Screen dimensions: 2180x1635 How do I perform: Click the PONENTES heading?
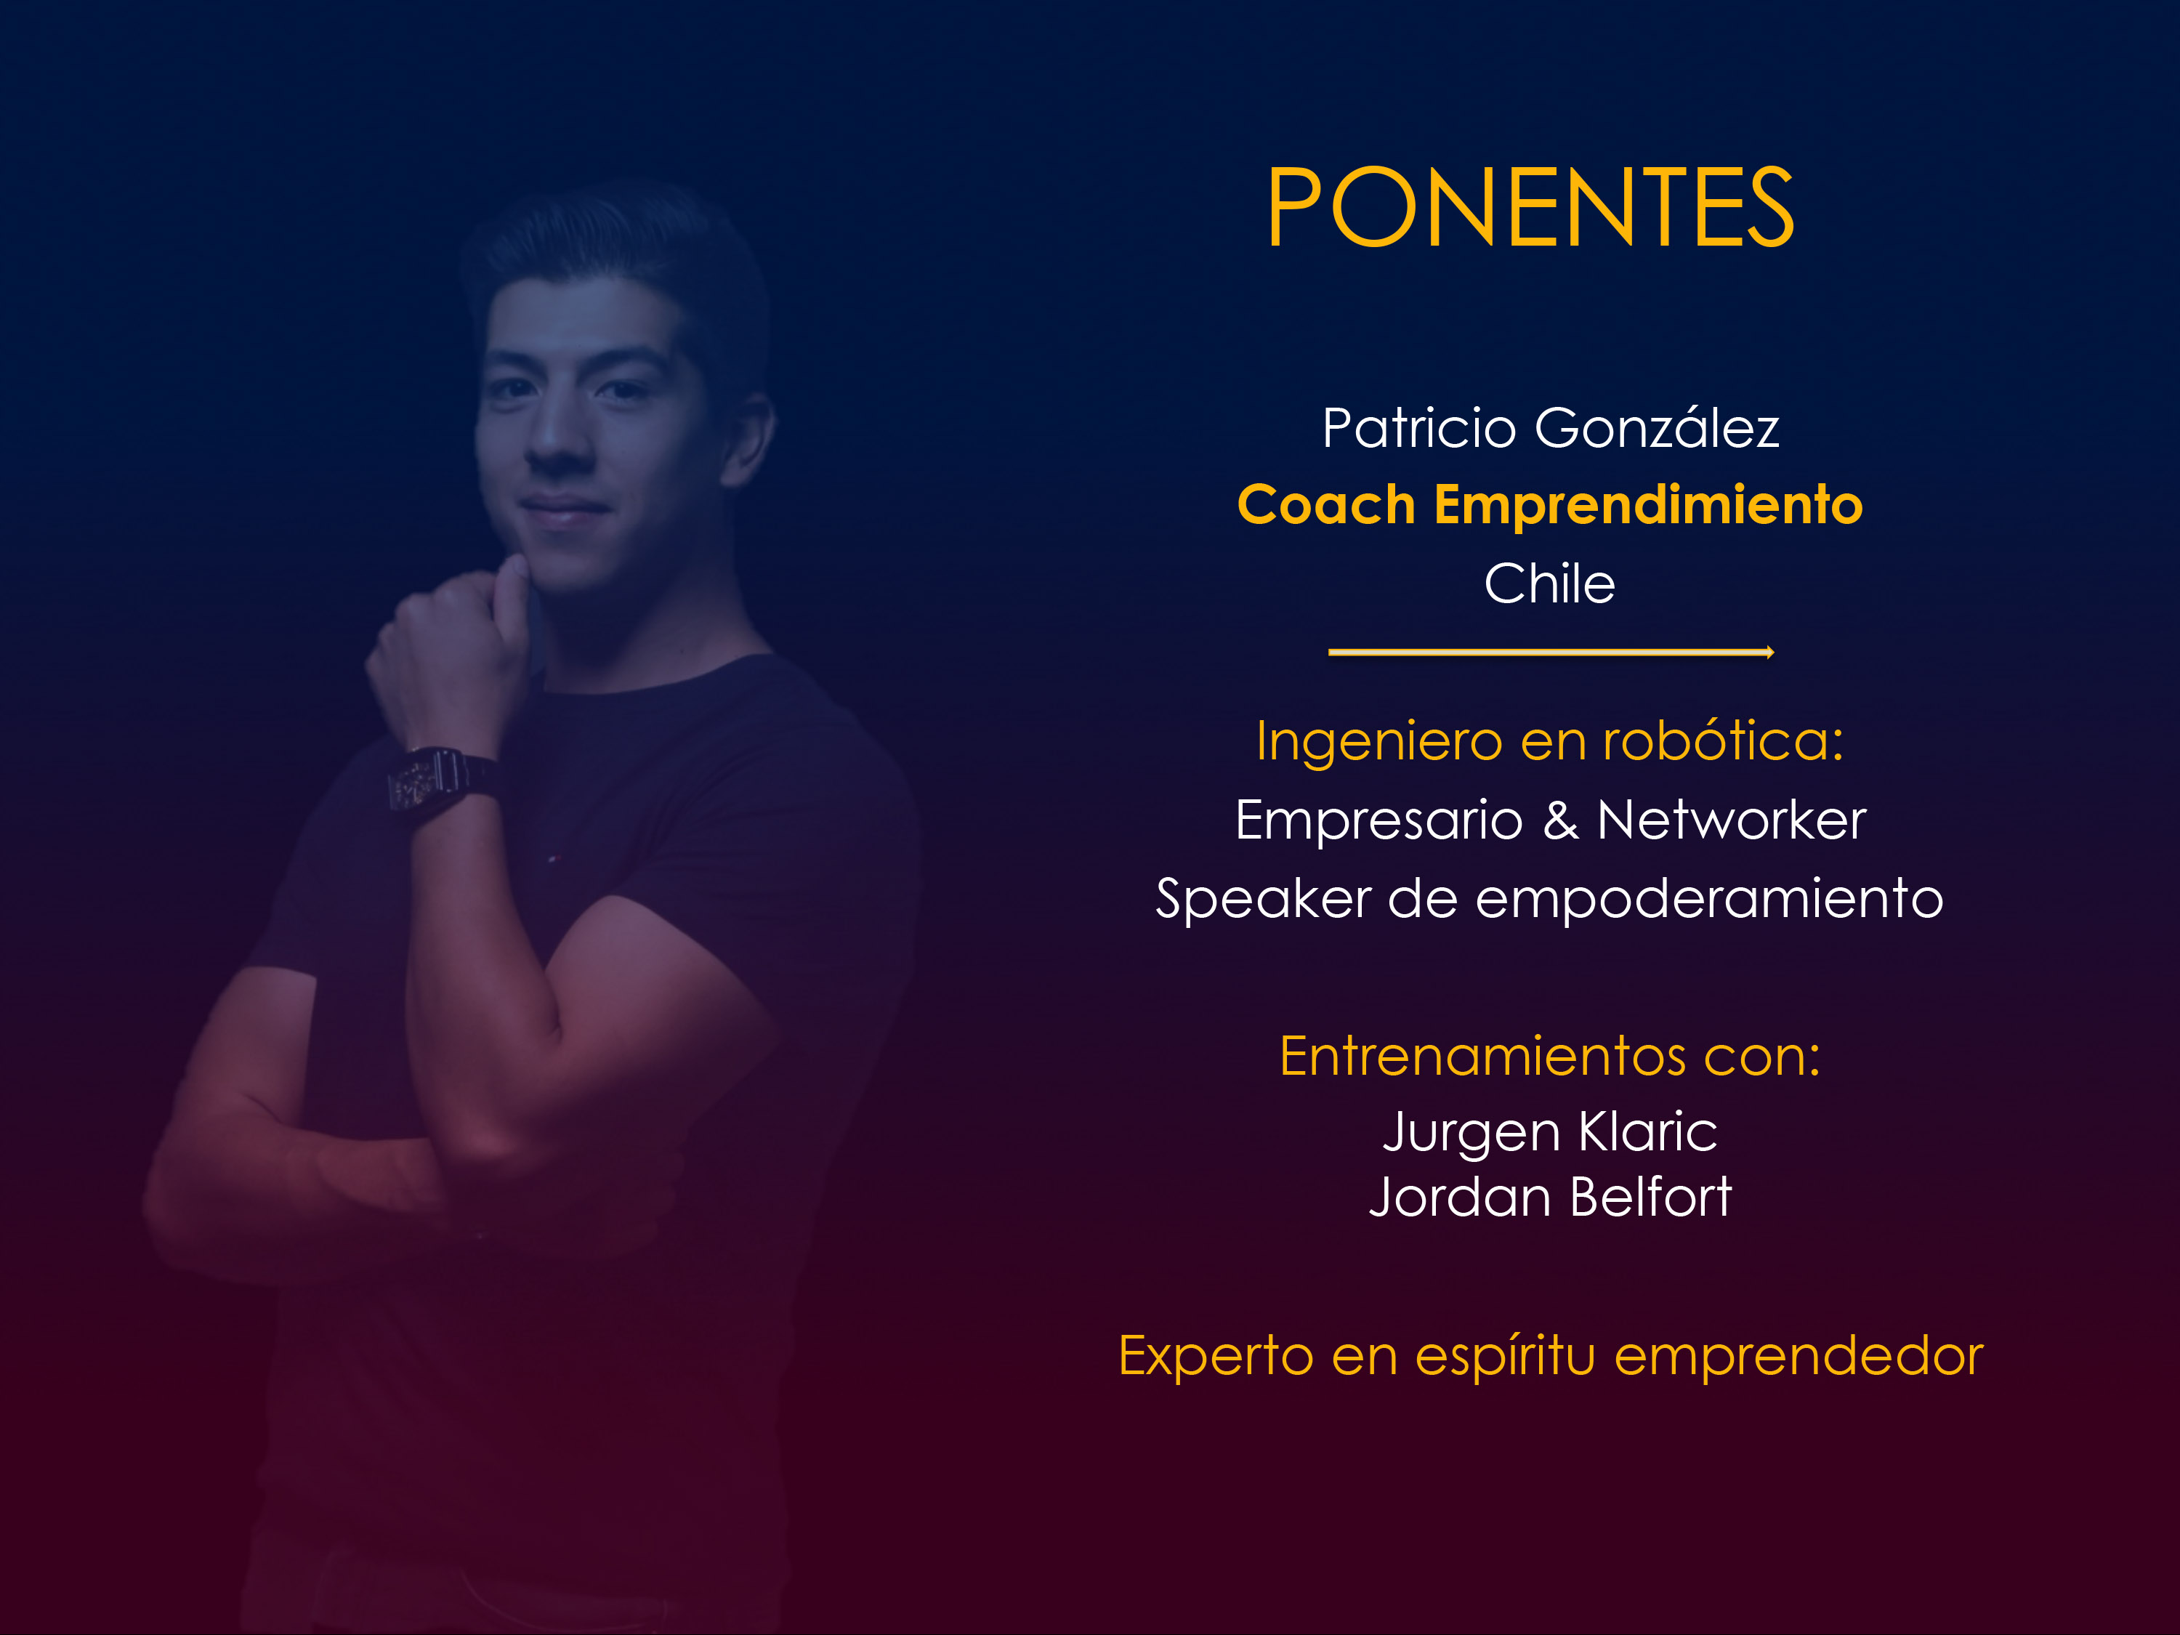coord(1530,207)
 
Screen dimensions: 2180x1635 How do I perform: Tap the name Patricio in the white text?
coord(1418,429)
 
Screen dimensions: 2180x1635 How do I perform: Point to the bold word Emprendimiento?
coord(1648,506)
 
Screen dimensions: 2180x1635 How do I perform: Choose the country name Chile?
coord(1549,584)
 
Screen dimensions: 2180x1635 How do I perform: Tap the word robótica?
coord(1723,740)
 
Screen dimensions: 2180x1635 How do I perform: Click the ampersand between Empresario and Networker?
coord(1560,820)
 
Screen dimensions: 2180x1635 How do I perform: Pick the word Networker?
coord(1732,820)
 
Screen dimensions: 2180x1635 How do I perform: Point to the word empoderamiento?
coord(1710,900)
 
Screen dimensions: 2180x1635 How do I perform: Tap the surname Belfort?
coord(1651,1198)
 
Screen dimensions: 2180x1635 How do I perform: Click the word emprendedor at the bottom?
coord(1798,1356)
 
